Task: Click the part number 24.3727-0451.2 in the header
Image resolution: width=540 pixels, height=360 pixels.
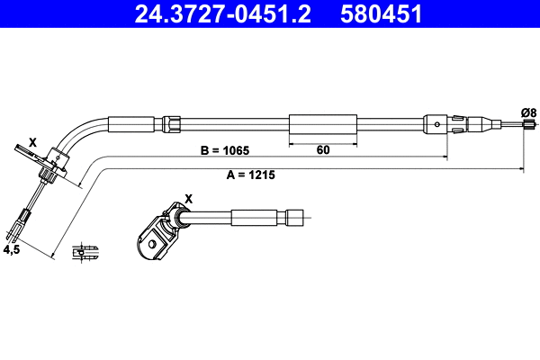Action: pos(222,13)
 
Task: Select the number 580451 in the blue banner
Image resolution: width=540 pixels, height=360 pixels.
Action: pos(381,13)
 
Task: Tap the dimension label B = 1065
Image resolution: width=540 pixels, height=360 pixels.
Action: pos(224,150)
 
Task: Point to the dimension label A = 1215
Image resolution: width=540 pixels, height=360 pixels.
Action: pos(251,175)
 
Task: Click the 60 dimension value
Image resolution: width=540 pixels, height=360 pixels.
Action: pos(323,150)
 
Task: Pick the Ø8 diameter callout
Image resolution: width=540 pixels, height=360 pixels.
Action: pos(528,112)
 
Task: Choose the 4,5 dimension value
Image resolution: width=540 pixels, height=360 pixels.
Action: pos(12,250)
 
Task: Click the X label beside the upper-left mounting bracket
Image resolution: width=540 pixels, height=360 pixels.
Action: pos(32,142)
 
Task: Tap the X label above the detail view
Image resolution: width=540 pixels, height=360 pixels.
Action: pos(189,199)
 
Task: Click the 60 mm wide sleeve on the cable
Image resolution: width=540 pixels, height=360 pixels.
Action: pos(323,124)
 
